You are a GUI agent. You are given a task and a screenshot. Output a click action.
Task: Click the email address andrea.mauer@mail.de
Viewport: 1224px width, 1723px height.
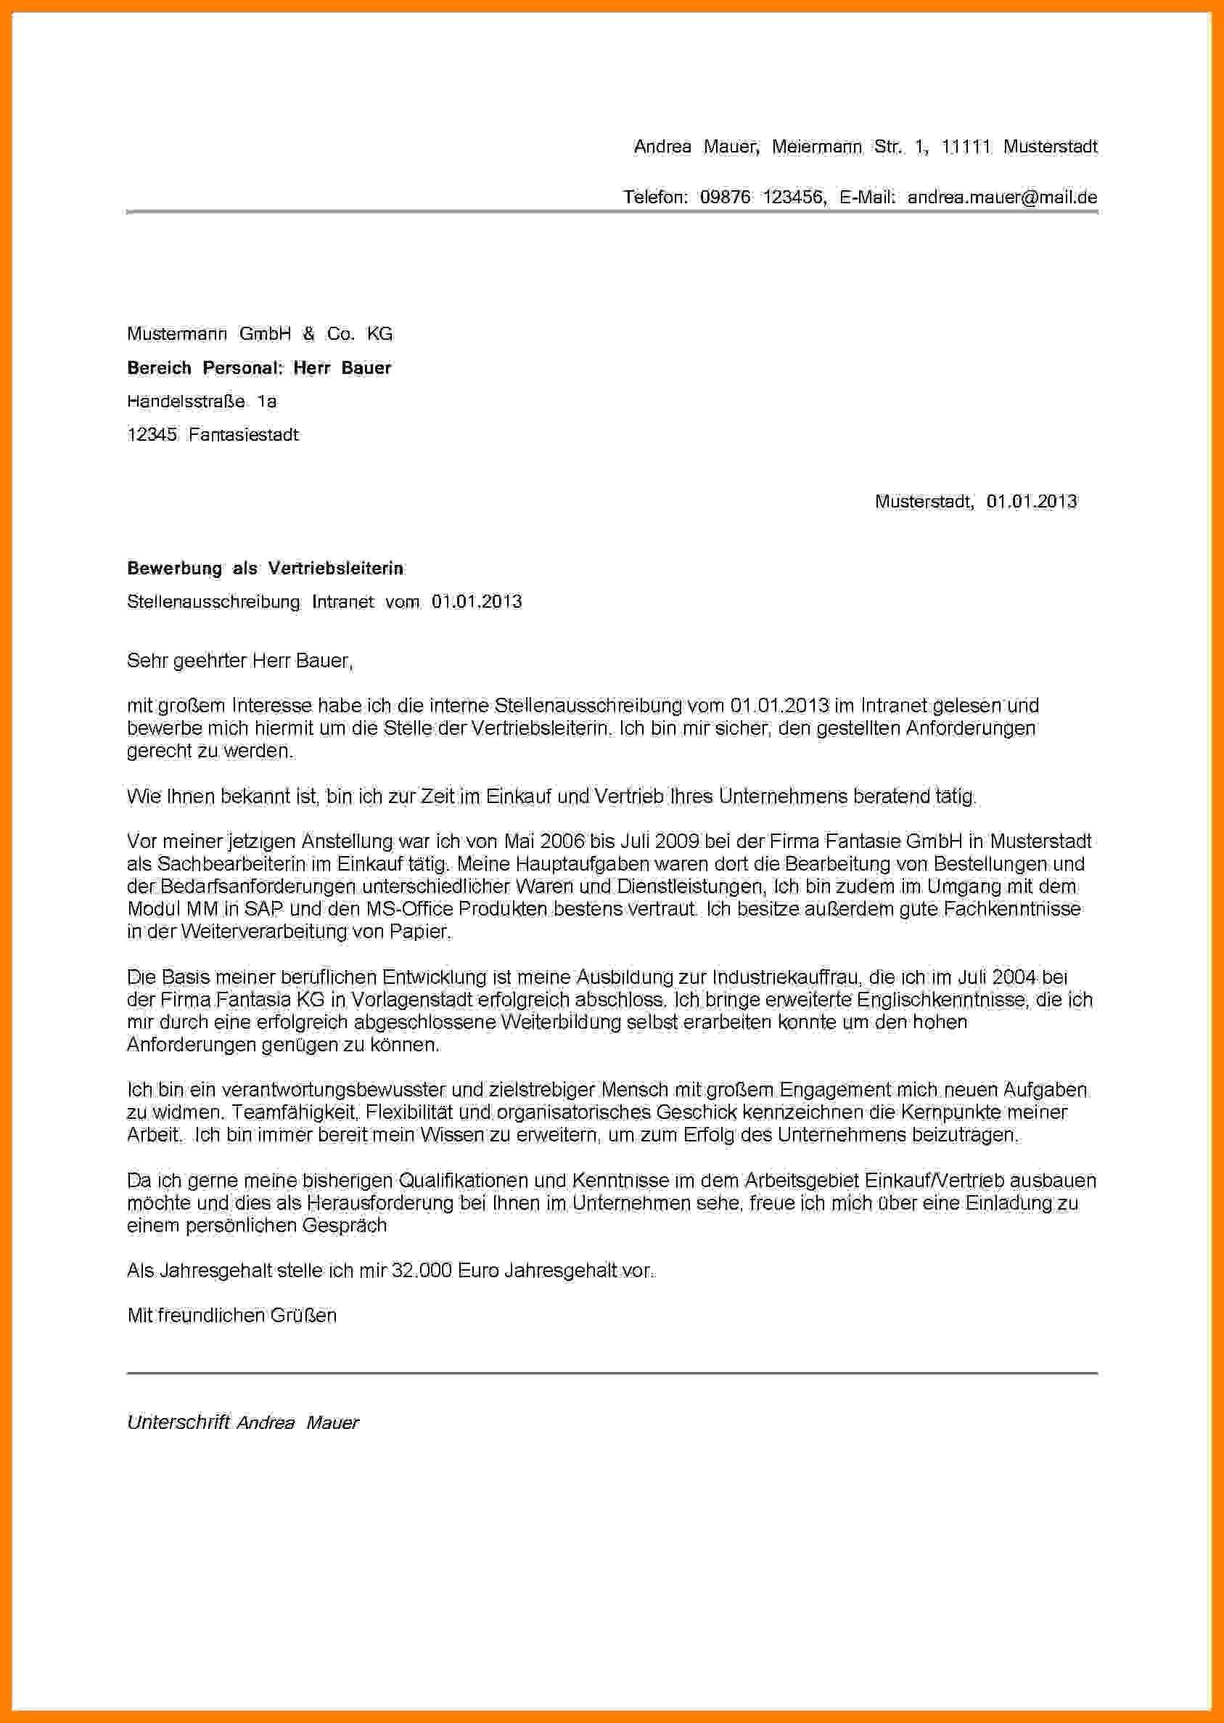tap(1002, 197)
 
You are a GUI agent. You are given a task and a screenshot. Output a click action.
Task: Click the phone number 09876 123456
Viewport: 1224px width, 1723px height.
tap(763, 197)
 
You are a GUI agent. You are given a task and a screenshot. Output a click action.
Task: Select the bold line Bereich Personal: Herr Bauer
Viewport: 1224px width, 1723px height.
tap(259, 368)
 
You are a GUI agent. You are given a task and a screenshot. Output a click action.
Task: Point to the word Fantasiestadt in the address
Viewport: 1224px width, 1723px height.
tap(244, 434)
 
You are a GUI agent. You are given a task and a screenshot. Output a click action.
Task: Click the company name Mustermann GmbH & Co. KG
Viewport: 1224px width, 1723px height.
tap(260, 333)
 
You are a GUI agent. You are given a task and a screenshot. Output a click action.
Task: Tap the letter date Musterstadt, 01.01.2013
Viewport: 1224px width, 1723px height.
tap(975, 502)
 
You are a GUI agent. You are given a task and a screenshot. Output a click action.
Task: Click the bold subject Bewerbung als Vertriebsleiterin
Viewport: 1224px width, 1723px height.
tap(266, 569)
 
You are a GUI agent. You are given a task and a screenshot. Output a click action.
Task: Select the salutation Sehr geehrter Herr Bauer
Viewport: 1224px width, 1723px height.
tap(239, 661)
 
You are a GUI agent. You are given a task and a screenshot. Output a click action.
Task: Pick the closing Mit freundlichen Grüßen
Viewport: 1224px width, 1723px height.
tap(232, 1316)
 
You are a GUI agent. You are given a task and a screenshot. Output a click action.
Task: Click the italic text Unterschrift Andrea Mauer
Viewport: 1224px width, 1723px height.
tap(242, 1423)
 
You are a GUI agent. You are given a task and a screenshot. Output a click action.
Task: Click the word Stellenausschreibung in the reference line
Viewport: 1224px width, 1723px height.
tap(213, 602)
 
